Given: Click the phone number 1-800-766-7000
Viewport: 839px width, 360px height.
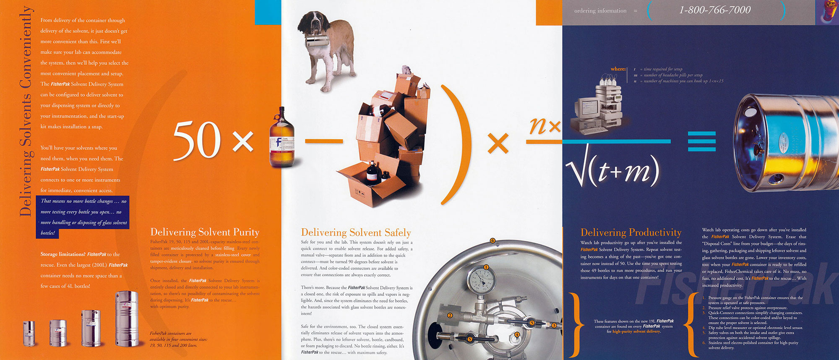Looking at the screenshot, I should coord(714,10).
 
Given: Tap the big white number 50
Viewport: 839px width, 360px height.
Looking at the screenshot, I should coord(197,140).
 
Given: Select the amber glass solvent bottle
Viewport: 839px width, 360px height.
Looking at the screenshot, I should coord(281,138).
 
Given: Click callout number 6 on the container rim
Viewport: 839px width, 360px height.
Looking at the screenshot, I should coord(492,241).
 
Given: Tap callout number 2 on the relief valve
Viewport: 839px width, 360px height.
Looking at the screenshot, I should coord(450,316).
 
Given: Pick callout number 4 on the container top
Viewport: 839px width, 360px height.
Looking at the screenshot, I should coord(517,334).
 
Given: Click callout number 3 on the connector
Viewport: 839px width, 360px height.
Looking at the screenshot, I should coord(554,325).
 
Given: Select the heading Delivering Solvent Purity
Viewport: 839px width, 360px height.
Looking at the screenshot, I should coord(205,232).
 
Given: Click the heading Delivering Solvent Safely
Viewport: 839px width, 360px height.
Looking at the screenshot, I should coord(356,232).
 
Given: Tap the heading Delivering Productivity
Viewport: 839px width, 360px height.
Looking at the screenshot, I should coord(631,232).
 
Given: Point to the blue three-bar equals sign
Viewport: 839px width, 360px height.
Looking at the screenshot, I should coord(701,141).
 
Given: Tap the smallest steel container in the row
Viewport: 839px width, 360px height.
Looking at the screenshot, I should coord(29,334).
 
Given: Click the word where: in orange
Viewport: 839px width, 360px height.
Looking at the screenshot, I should coord(618,69).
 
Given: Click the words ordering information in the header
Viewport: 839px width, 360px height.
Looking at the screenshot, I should coord(600,11).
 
